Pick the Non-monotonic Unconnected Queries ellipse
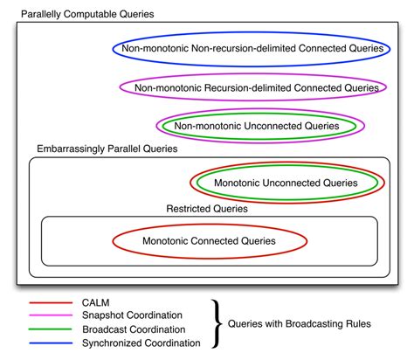(x=257, y=126)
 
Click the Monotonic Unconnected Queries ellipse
(x=286, y=183)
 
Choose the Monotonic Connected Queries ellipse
(x=210, y=240)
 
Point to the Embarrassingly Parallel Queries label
(x=107, y=149)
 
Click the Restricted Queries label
(x=206, y=209)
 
